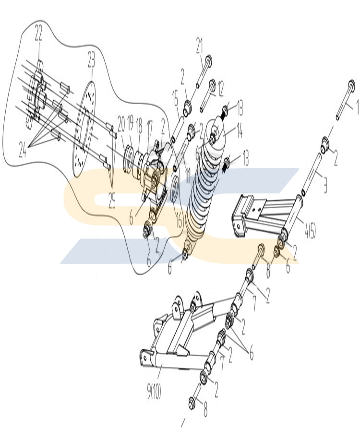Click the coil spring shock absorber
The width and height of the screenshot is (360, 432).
tap(204, 192)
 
